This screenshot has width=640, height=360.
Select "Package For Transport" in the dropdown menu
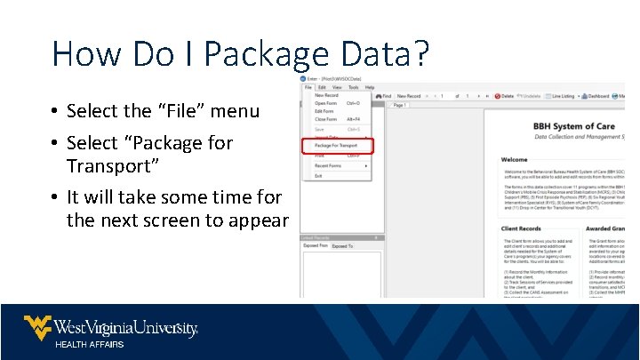pyautogui.click(x=336, y=145)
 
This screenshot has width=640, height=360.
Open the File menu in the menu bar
pyautogui.click(x=308, y=87)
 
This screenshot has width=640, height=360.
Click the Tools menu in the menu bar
pyautogui.click(x=353, y=87)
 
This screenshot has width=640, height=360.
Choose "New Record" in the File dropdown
pyautogui.click(x=326, y=95)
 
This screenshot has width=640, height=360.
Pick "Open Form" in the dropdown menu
pyautogui.click(x=326, y=103)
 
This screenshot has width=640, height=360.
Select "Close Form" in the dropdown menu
pyautogui.click(x=326, y=119)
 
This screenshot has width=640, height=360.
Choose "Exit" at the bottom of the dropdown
pyautogui.click(x=318, y=176)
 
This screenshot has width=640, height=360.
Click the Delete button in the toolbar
pyautogui.click(x=505, y=96)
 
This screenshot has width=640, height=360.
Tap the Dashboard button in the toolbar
pyautogui.click(x=596, y=96)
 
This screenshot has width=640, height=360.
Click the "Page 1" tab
pyautogui.click(x=399, y=105)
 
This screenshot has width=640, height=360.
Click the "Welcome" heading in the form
pyautogui.click(x=514, y=160)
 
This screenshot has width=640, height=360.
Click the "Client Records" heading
pyautogui.click(x=522, y=228)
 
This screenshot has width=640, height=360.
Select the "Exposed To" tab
pyautogui.click(x=342, y=246)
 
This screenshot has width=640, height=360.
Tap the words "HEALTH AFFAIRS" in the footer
pyautogui.click(x=90, y=344)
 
